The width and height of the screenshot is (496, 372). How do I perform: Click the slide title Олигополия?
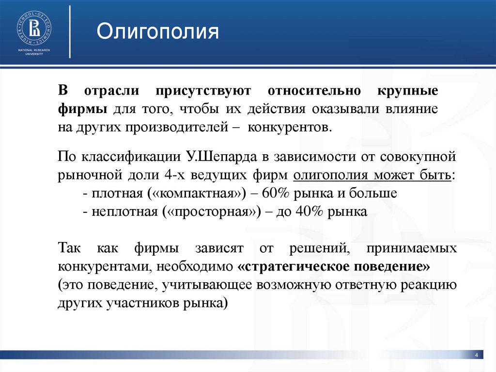(x=157, y=32)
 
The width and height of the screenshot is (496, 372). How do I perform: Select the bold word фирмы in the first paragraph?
(x=83, y=109)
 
